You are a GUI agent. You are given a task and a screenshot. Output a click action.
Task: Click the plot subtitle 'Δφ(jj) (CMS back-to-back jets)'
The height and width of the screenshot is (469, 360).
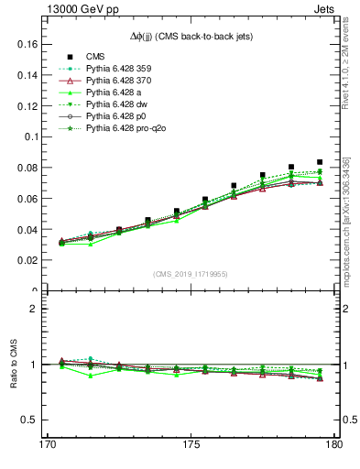click(190, 36)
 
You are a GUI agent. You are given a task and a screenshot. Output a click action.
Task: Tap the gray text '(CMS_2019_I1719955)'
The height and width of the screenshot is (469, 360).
click(190, 274)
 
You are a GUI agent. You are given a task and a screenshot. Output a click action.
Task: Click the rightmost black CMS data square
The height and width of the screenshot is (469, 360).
click(320, 162)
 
